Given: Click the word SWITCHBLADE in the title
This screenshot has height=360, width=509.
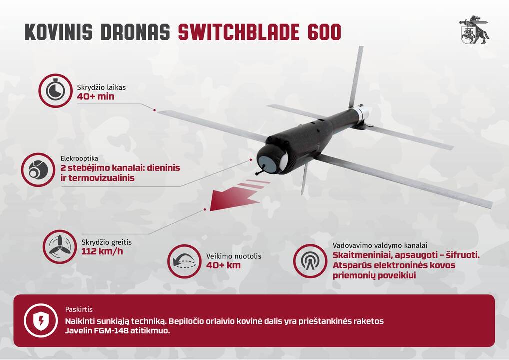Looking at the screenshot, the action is click(x=238, y=32).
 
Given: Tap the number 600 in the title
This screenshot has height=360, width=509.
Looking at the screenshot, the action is click(x=324, y=32).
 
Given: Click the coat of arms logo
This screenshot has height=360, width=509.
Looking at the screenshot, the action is click(x=474, y=30).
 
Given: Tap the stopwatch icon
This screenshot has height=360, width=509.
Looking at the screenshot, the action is click(x=55, y=91).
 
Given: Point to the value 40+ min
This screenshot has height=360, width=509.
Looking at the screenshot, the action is click(x=96, y=96).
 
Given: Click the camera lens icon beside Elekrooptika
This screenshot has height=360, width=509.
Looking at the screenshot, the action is click(x=38, y=170).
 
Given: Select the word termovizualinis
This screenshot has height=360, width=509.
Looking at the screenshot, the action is click(x=101, y=178).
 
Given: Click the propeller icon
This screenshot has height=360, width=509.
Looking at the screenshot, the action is click(x=59, y=247).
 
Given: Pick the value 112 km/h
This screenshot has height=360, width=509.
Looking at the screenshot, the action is click(x=102, y=251).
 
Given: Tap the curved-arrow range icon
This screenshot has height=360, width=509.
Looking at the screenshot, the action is click(x=184, y=261).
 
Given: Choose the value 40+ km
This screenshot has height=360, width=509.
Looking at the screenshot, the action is click(x=223, y=265).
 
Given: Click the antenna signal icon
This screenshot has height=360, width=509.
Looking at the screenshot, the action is click(x=310, y=261).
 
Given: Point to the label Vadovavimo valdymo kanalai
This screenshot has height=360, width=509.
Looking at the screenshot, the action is click(x=380, y=245).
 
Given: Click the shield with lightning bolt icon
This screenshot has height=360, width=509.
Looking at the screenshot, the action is click(x=41, y=320).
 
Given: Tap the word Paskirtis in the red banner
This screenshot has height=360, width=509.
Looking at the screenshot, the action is click(x=79, y=309).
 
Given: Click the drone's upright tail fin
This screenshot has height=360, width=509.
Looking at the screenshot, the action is click(x=356, y=77).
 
